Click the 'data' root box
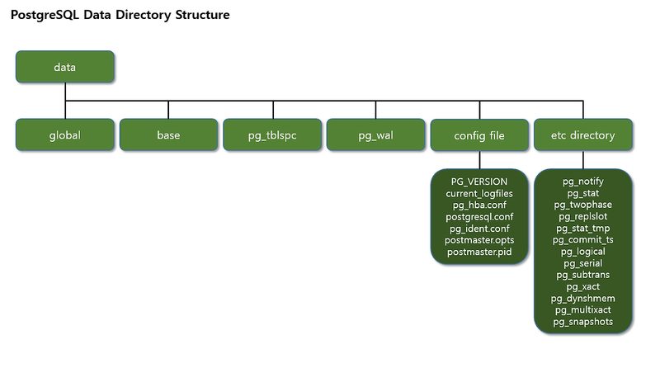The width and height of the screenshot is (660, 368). pos(65,67)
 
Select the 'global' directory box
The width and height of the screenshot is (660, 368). pos(65,134)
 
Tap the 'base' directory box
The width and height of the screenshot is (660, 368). pos(168,134)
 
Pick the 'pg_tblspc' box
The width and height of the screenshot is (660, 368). pos(272,134)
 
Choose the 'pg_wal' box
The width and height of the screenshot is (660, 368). pos(375,134)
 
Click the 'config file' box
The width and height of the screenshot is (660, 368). pos(479,134)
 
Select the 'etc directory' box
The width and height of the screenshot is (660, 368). pos(582,134)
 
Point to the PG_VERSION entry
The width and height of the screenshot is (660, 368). pos(479,181)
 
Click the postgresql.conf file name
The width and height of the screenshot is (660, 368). pos(479,216)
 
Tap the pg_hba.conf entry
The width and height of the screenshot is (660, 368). pos(479,205)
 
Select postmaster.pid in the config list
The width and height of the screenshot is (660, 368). pos(479,252)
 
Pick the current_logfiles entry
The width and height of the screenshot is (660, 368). pos(479,192)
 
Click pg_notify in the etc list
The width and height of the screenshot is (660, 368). pos(583,181)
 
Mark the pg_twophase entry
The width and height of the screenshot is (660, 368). pos(583,205)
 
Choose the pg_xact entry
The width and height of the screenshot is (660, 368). pos(583,286)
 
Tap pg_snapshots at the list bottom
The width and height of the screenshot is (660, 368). pos(583,322)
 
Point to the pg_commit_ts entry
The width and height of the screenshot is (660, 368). pos(583,239)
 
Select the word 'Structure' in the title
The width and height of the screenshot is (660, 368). pos(197,16)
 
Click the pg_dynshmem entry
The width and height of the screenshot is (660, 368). pos(583,298)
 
